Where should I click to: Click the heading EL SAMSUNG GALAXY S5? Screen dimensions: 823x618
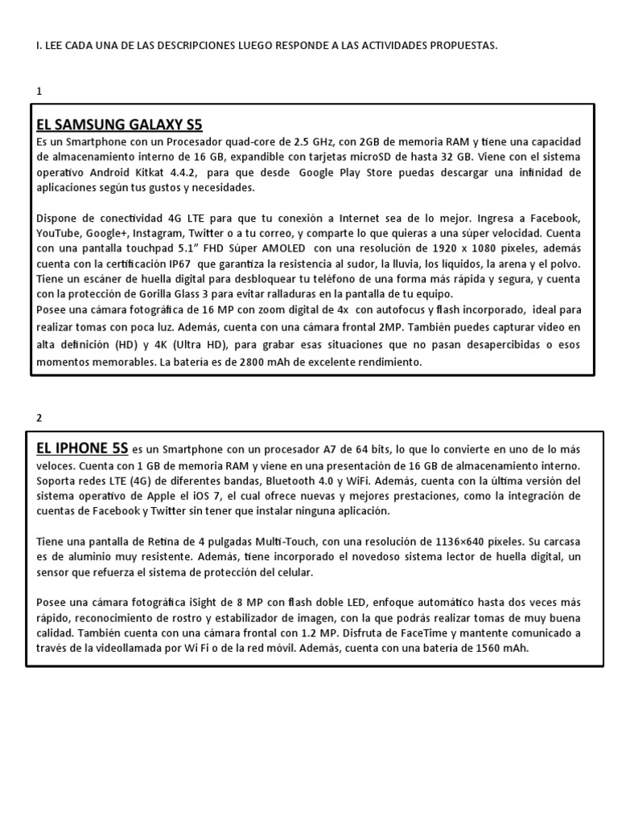pyautogui.click(x=120, y=125)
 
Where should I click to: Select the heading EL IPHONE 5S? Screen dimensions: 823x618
pyautogui.click(x=82, y=448)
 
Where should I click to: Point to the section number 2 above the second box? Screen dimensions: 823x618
pyautogui.click(x=39, y=417)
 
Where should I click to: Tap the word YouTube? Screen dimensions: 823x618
pyautogui.click(x=58, y=234)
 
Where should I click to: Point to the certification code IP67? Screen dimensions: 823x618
pyautogui.click(x=190, y=264)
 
